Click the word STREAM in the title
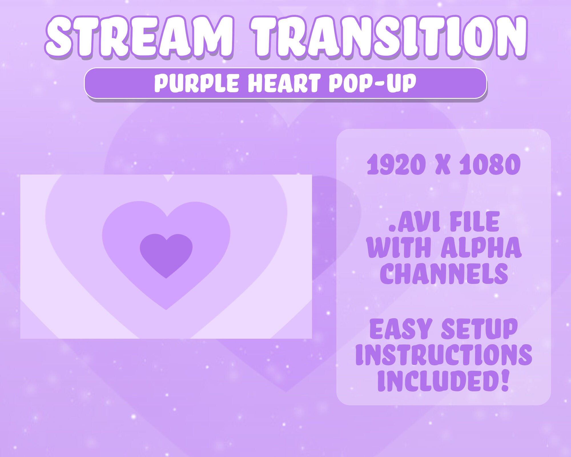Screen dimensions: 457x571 tap(139, 37)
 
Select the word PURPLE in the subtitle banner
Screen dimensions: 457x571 tap(196, 83)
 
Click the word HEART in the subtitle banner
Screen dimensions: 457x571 tap(284, 83)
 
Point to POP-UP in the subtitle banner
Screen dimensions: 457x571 tap(372, 83)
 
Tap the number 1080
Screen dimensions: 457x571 tap(490, 165)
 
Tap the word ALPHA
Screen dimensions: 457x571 tap(481, 247)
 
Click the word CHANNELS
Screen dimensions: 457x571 tap(444, 273)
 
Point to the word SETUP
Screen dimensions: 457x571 tap(479, 329)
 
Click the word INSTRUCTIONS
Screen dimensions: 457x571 tap(444, 354)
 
